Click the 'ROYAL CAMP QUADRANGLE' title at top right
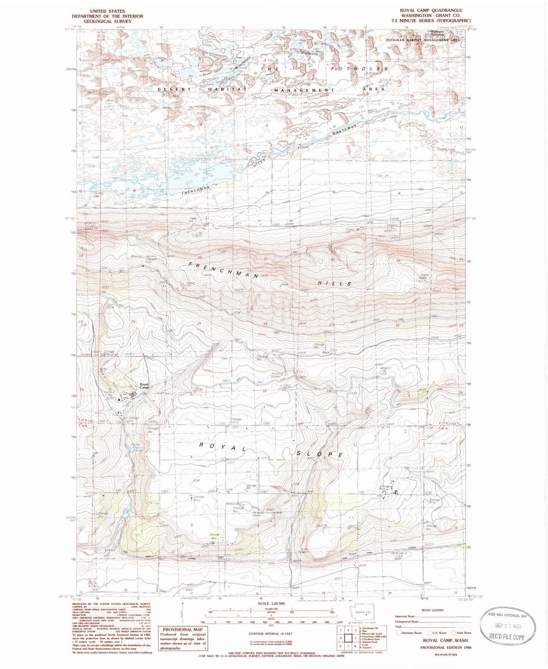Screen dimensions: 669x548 (x=428, y=10)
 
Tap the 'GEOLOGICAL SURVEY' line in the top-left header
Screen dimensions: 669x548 (x=107, y=21)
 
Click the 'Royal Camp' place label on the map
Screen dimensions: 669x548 (x=144, y=386)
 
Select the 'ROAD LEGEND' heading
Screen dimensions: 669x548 (x=432, y=610)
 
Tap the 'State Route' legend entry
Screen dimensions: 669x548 (x=464, y=633)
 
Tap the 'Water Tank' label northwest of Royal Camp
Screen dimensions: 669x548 (x=104, y=369)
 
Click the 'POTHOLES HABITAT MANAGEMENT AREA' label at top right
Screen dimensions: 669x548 (x=423, y=39)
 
